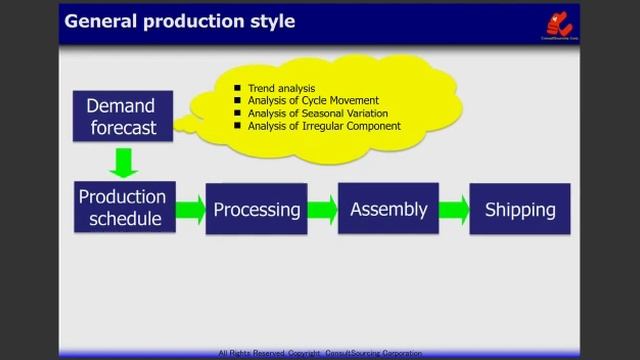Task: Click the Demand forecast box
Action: [x=121, y=117]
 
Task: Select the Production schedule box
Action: [x=121, y=207]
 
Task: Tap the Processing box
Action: [x=257, y=209]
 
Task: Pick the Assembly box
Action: [x=389, y=209]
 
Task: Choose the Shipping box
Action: [x=520, y=209]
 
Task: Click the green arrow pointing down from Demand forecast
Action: [x=124, y=162]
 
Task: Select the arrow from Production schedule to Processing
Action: [x=189, y=210]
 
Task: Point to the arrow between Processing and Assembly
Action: [x=322, y=210]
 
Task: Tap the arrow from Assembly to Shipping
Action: [x=454, y=210]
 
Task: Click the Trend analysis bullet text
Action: [x=283, y=88]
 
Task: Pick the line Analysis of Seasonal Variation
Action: [x=319, y=113]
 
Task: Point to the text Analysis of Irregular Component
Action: [x=324, y=126]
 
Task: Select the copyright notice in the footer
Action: [x=320, y=353]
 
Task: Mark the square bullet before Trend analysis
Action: [x=238, y=89]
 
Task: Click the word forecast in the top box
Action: [x=123, y=128]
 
